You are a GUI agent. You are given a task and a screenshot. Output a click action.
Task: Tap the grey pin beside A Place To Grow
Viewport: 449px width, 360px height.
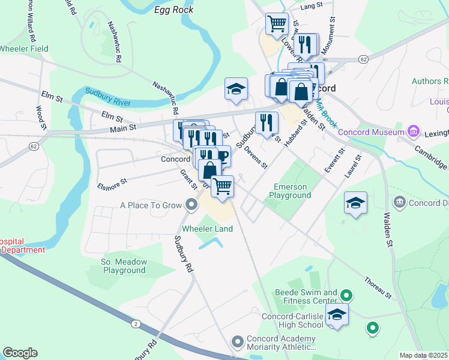[x=191, y=206]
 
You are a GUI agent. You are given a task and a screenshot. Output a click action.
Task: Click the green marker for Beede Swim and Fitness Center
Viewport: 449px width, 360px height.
[x=346, y=295]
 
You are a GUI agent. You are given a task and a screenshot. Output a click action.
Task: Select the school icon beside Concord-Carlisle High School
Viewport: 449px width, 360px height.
[x=337, y=315]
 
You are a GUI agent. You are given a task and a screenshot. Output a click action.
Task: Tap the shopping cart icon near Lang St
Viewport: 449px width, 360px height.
[x=277, y=24]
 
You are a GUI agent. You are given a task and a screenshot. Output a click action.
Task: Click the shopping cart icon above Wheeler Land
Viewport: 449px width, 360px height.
[x=223, y=187]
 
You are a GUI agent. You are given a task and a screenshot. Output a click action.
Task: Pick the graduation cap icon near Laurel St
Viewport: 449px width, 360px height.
[x=355, y=203]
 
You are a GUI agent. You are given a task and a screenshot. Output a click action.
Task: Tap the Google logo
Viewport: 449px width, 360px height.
[x=20, y=353]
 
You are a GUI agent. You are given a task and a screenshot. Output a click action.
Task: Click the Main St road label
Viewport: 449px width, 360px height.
[x=124, y=127]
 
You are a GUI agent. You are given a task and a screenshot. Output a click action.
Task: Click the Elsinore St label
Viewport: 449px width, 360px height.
[x=112, y=184]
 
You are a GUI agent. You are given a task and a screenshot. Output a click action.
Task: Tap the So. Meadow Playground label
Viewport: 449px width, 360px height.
[x=123, y=266]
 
